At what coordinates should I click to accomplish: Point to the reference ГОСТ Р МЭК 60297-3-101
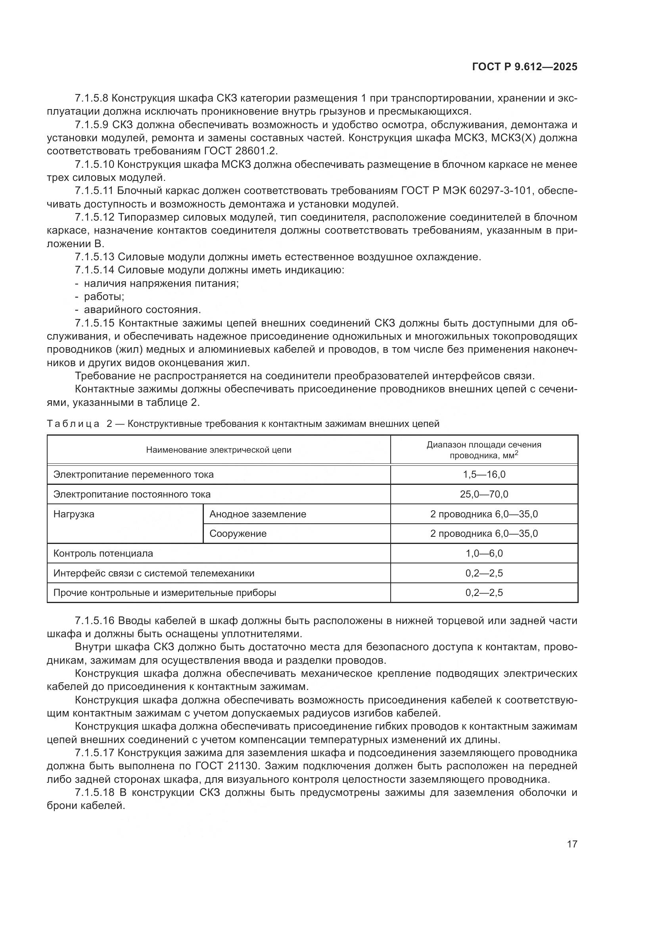click(x=466, y=191)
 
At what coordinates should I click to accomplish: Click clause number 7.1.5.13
click(x=94, y=257)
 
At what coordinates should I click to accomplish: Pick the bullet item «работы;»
click(x=104, y=297)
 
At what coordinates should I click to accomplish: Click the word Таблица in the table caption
click(x=73, y=424)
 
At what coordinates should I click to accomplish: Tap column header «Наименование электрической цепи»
click(x=219, y=450)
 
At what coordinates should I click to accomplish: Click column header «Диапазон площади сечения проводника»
click(x=484, y=450)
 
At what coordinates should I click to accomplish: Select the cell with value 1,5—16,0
click(x=484, y=475)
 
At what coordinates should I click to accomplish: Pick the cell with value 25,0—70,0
click(x=484, y=494)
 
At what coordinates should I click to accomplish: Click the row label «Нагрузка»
click(x=74, y=514)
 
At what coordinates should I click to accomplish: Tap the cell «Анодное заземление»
click(x=258, y=514)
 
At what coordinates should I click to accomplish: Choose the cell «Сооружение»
click(x=238, y=534)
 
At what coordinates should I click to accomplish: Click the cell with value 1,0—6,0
click(x=484, y=553)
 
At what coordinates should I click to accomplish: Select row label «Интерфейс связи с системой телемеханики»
click(x=154, y=573)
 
